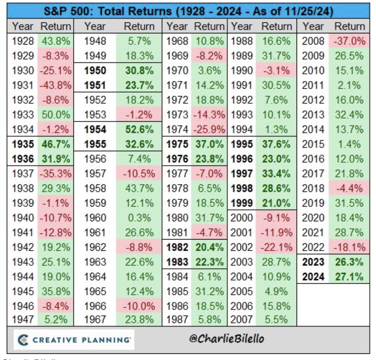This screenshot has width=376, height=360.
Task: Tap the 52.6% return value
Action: coord(139,129)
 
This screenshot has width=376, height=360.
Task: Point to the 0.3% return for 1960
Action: coord(139,217)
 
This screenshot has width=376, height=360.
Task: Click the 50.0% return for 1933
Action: coord(55,115)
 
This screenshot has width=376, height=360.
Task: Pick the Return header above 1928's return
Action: coord(55,27)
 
